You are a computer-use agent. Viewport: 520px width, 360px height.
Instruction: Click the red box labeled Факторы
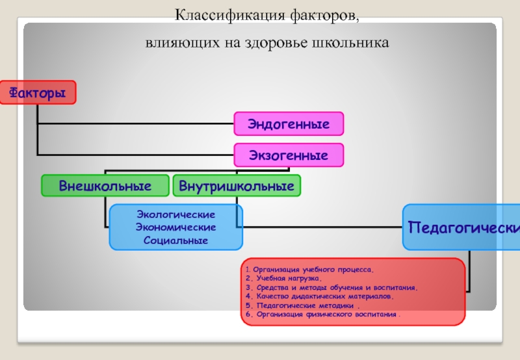(x=37, y=93)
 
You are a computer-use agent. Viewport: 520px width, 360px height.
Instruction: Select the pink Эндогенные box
(x=289, y=123)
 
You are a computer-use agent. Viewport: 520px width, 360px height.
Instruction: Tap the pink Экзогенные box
(x=289, y=155)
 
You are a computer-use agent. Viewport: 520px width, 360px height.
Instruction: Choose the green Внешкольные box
(x=105, y=186)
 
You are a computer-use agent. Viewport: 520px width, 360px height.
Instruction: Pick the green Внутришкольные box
(x=236, y=186)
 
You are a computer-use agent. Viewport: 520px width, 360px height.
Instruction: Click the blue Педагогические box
(x=462, y=227)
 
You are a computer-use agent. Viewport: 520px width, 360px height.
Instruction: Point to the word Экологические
(x=175, y=214)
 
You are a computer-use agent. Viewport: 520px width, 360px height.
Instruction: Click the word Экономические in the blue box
(x=175, y=227)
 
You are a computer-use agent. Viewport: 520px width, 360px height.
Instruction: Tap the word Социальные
(x=175, y=240)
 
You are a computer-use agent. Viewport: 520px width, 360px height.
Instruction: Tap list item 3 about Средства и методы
(x=331, y=287)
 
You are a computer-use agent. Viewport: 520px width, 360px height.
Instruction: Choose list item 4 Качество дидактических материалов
(x=320, y=296)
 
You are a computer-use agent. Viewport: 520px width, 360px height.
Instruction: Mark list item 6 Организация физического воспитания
(x=323, y=315)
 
